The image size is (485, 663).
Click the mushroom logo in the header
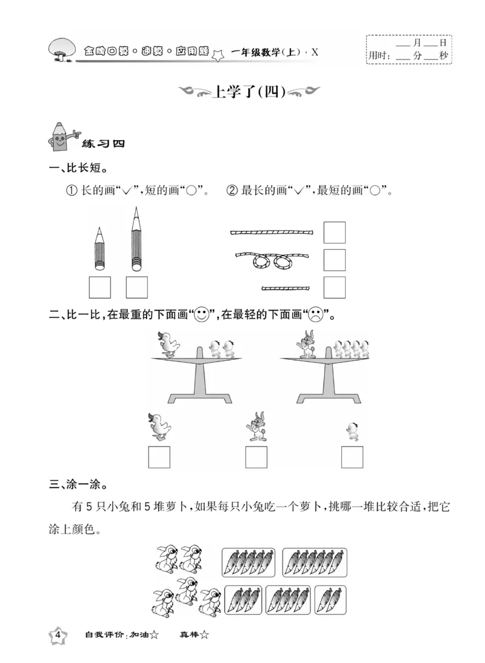tap(61, 48)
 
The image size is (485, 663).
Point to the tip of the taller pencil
tap(136, 209)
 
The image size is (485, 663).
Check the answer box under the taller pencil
tap(136, 287)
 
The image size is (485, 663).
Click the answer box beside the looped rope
tap(334, 260)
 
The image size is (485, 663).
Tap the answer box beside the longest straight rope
tap(334, 232)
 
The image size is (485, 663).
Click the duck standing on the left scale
tap(168, 345)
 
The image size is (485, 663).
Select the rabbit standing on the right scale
tap(306, 345)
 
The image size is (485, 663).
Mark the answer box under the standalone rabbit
tap(256, 457)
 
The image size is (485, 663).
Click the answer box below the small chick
tap(352, 457)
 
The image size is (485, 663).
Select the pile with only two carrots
tap(330, 600)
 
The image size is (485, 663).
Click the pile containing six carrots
tap(315, 562)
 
